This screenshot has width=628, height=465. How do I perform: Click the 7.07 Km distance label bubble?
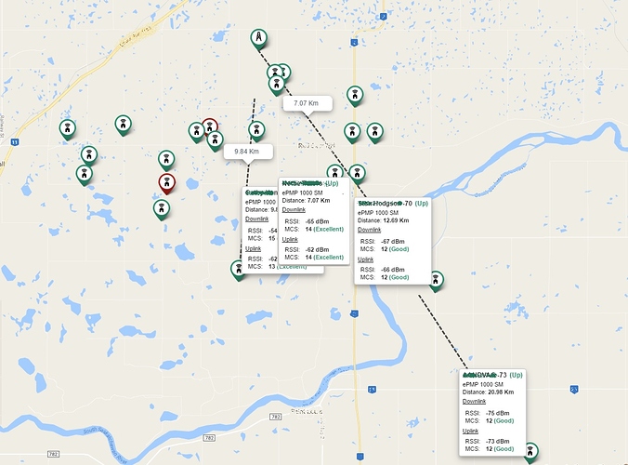click(307, 103)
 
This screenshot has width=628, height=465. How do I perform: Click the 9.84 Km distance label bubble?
click(246, 151)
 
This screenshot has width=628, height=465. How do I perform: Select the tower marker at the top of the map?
click(258, 38)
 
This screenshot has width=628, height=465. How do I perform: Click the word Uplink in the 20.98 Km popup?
click(473, 432)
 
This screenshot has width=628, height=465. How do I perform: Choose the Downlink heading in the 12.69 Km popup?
click(369, 230)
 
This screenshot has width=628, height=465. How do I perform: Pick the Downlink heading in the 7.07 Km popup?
click(294, 210)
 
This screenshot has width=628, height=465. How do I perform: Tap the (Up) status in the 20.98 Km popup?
click(517, 374)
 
